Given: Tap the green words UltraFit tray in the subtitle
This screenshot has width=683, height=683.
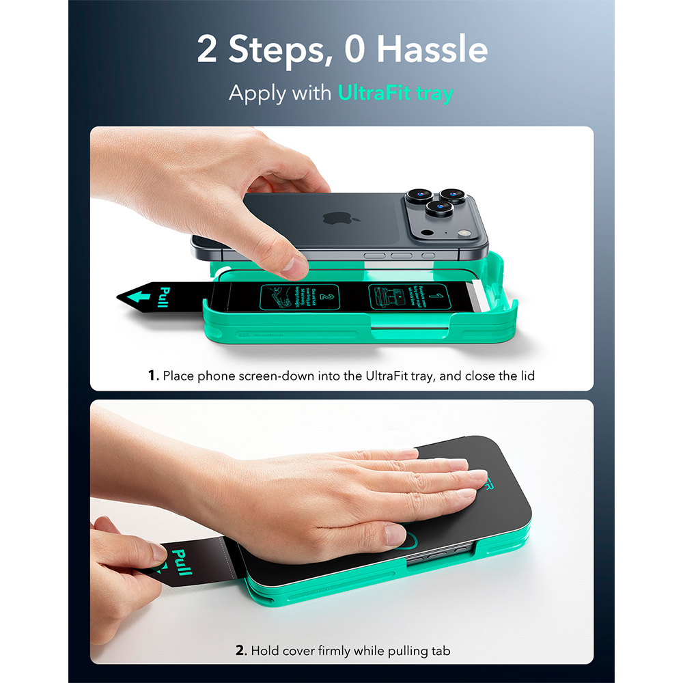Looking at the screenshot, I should (395, 93).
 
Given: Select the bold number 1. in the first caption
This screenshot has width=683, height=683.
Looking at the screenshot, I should (154, 375).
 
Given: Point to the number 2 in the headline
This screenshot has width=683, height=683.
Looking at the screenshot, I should (207, 51).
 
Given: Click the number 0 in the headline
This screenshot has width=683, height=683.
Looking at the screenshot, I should (355, 51).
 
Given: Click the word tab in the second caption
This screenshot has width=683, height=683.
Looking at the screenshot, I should (440, 651).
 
